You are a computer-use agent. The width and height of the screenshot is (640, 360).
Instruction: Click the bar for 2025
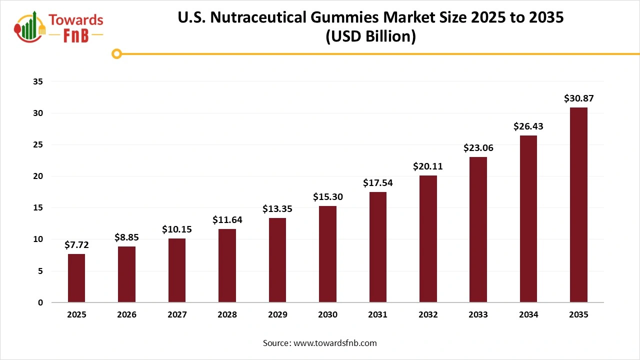pyautogui.click(x=76, y=278)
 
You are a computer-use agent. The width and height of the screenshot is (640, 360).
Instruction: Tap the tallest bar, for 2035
pyautogui.click(x=578, y=205)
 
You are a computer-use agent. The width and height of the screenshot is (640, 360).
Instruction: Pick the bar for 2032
pyautogui.click(x=428, y=239)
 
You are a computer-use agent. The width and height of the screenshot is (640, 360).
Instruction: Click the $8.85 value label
pyautogui.click(x=127, y=237)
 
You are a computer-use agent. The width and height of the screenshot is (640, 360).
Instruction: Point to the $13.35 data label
pyautogui.click(x=277, y=209)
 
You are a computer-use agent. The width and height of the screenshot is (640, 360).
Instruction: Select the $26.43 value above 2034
pyautogui.click(x=528, y=126)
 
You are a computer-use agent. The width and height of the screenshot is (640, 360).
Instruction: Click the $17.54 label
pyautogui.click(x=378, y=183)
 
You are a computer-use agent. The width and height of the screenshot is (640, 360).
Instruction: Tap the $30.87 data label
pyautogui.click(x=578, y=98)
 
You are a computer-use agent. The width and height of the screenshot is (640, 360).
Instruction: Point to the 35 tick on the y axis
pyautogui.click(x=39, y=81)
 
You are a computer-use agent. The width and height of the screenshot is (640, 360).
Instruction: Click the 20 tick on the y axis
pyautogui.click(x=39, y=176)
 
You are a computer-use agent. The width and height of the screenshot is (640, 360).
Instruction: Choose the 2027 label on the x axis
pyautogui.click(x=177, y=315)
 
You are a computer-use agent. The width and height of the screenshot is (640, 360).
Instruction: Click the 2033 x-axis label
pyautogui.click(x=478, y=315)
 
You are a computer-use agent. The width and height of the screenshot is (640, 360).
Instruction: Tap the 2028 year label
pyautogui.click(x=227, y=315)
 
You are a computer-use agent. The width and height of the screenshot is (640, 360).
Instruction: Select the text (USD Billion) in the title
pyautogui.click(x=370, y=37)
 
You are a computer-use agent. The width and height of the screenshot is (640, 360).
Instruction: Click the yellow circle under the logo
pyautogui.click(x=116, y=53)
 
